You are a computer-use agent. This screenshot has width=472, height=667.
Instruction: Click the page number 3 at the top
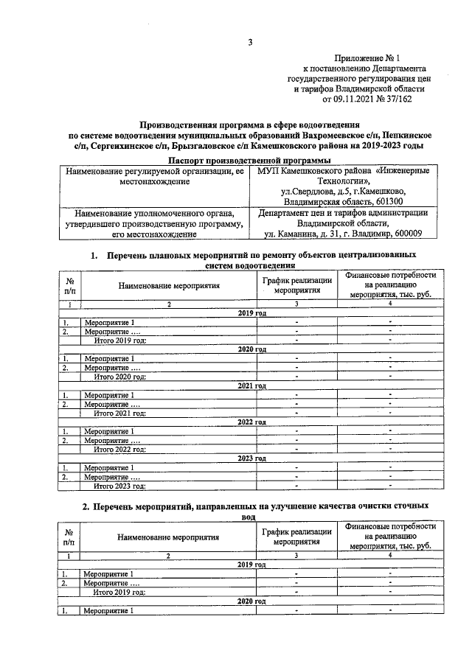click(250, 43)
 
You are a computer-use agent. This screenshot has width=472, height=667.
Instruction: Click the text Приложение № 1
click(367, 57)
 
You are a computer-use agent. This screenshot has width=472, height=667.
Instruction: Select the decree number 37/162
click(395, 98)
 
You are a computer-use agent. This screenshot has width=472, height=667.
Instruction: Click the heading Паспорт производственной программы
click(249, 160)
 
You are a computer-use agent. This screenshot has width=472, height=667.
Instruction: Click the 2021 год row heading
click(251, 385)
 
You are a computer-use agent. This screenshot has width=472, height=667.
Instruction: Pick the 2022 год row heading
click(251, 422)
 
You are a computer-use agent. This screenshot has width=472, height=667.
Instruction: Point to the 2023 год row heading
click(251, 458)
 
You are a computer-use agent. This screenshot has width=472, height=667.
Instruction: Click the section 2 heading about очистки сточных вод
click(254, 510)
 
